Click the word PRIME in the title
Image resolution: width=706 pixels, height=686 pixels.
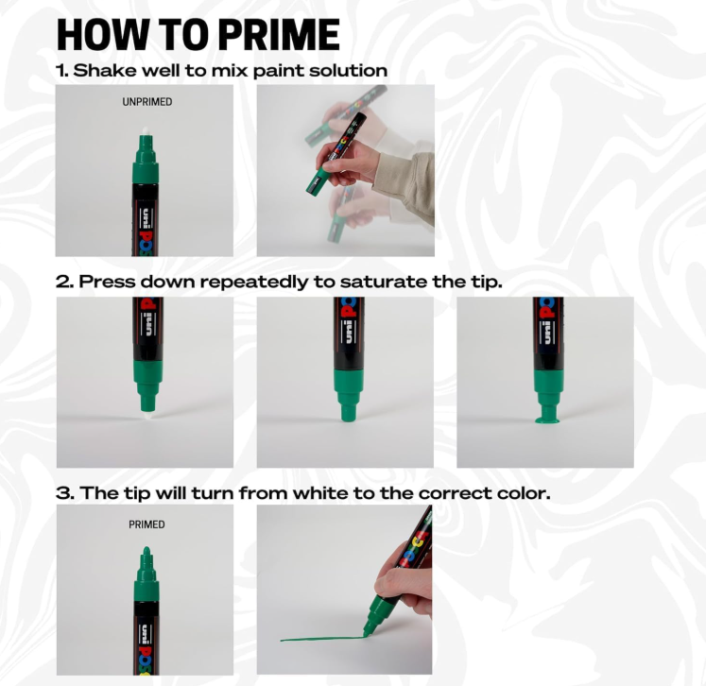tap(279, 35)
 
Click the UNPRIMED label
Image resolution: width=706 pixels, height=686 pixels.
tap(147, 102)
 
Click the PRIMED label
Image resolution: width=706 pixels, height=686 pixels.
tap(146, 524)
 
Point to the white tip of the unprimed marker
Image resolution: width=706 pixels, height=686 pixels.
tap(145, 131)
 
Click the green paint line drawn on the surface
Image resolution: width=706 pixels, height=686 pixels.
tap(322, 639)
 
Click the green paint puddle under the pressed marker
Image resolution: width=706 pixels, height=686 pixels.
tap(547, 420)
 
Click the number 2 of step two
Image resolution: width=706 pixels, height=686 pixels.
tap(62, 283)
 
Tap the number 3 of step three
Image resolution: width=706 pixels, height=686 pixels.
tap(63, 493)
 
